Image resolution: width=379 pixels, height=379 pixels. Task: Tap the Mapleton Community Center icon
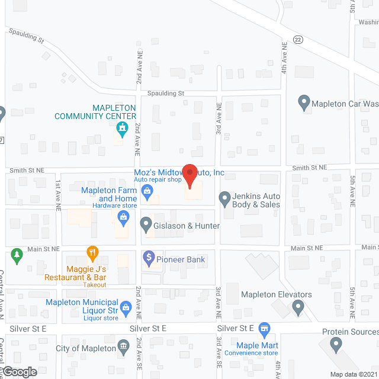[x=123, y=127]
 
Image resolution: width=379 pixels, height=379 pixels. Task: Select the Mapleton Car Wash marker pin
[x=304, y=103]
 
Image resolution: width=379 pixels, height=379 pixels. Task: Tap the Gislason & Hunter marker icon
[x=146, y=225]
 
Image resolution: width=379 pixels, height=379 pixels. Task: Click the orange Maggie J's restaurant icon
[x=92, y=253]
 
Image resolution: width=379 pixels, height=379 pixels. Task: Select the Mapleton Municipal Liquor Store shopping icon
[x=126, y=307]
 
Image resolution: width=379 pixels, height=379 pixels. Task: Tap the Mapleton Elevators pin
[x=298, y=307]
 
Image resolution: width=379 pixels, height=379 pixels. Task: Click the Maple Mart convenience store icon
[x=264, y=327]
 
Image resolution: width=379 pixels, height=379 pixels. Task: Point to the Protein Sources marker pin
[x=336, y=343]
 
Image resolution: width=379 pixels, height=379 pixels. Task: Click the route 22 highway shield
[x=297, y=39]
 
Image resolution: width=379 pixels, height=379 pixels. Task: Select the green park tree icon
[x=17, y=256]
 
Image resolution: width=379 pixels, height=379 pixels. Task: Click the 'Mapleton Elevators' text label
[x=276, y=294]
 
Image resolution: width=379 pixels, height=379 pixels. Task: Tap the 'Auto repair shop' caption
[x=156, y=179]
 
